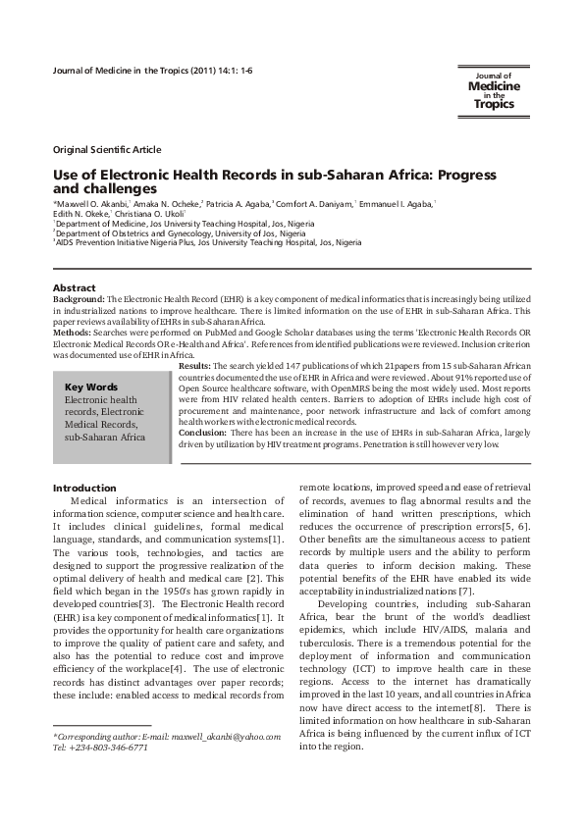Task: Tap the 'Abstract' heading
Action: point(74,287)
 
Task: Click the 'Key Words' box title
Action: point(89,387)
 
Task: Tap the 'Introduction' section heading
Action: point(84,488)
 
